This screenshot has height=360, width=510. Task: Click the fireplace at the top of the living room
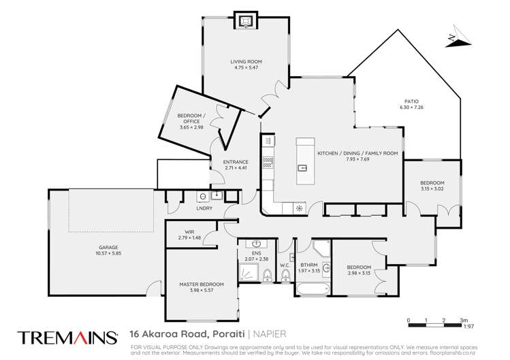243,22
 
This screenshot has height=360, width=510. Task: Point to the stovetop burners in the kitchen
268,163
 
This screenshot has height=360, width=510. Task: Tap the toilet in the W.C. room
286,276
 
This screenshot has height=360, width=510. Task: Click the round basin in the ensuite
257,244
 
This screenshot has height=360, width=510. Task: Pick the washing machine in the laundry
203,197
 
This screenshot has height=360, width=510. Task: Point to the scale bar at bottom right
436,319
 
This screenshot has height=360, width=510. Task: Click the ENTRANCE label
236,161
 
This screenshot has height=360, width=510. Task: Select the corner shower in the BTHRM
324,251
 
